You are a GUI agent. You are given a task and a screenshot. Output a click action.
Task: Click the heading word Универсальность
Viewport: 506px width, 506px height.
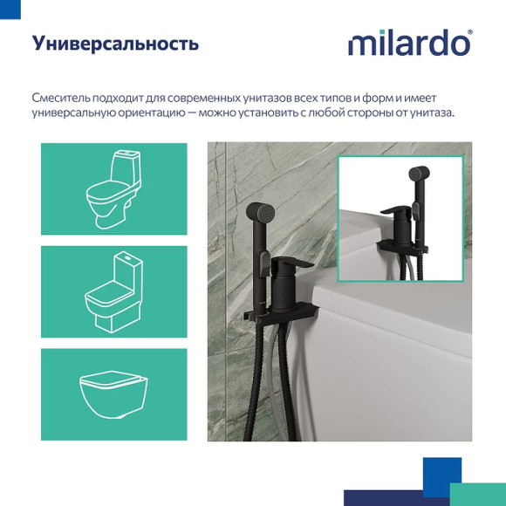coord(115,44)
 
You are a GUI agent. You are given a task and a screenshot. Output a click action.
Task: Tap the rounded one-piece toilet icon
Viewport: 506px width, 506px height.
coord(113,189)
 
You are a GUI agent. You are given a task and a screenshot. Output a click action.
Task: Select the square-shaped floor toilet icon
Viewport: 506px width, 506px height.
coord(113,291)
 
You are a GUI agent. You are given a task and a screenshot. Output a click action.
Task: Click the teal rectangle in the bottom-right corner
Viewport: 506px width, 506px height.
coord(478,494)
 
